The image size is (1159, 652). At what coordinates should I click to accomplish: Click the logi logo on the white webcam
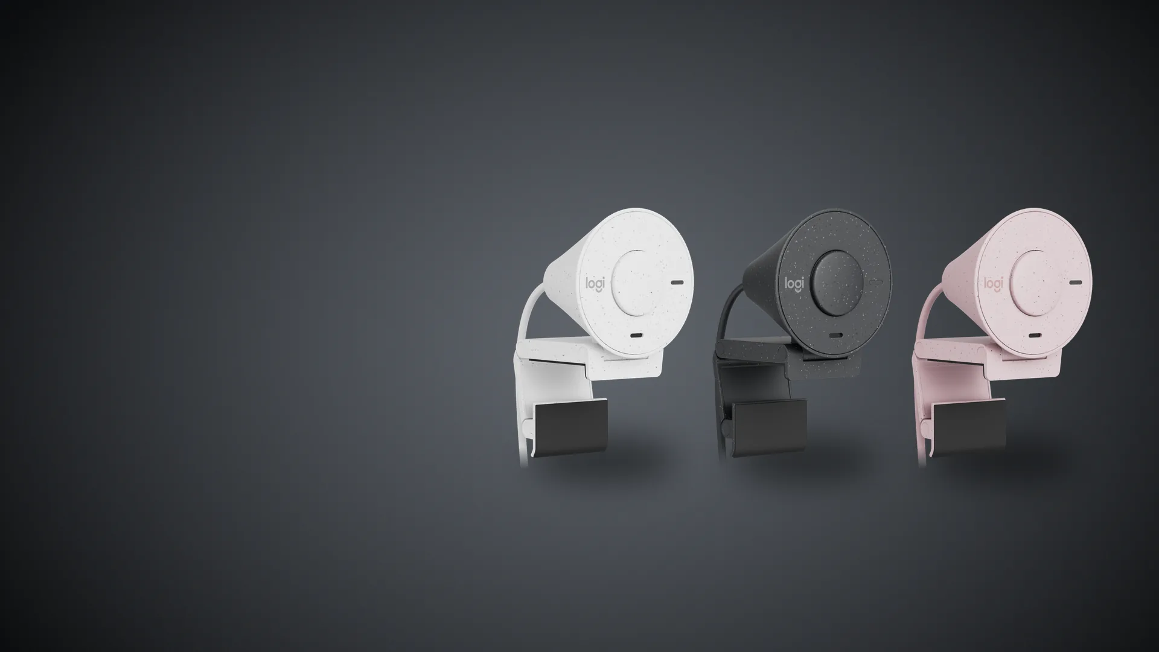tap(595, 284)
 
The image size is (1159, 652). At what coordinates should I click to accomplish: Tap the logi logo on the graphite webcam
tap(794, 283)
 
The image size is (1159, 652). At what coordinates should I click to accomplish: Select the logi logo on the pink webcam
tap(993, 283)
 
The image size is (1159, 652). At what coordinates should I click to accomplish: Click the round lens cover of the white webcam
tap(638, 282)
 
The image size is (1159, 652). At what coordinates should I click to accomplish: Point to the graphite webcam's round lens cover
tap(837, 282)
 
